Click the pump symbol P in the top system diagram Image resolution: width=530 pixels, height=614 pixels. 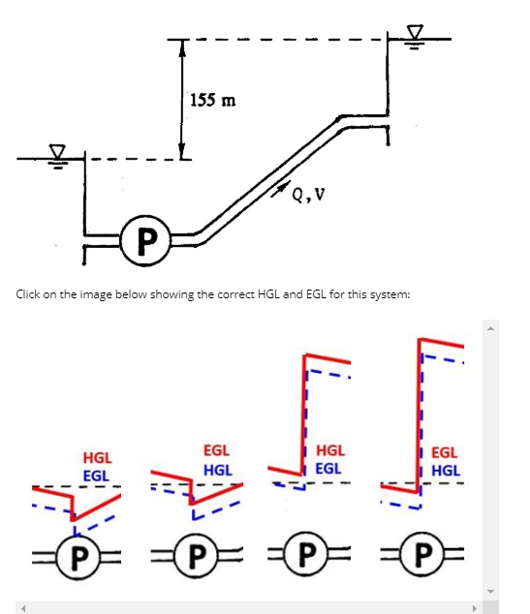pyautogui.click(x=143, y=239)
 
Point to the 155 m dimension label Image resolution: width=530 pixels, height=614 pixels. pyautogui.click(x=212, y=100)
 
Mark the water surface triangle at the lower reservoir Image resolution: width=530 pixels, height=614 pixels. pyautogui.click(x=58, y=152)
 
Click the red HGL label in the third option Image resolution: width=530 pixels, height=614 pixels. pyautogui.click(x=330, y=450)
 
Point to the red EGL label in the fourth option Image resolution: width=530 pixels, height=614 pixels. pyautogui.click(x=445, y=451)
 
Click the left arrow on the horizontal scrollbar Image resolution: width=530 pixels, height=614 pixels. pyautogui.click(x=22, y=607)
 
